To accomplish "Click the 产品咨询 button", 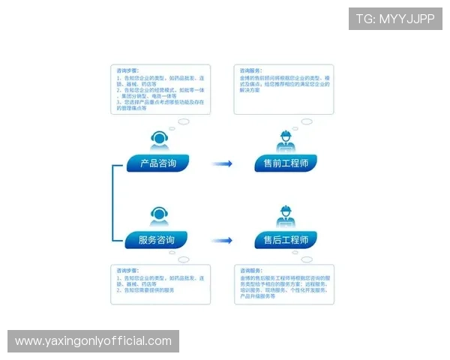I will (157, 163).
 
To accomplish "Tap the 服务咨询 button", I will (157, 240).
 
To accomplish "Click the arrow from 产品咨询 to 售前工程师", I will (221, 163).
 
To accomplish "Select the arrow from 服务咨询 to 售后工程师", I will (221, 241).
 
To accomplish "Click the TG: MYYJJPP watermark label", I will (395, 19).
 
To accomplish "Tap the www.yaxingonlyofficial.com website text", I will (93, 341).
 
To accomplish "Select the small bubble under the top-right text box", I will (307, 121).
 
